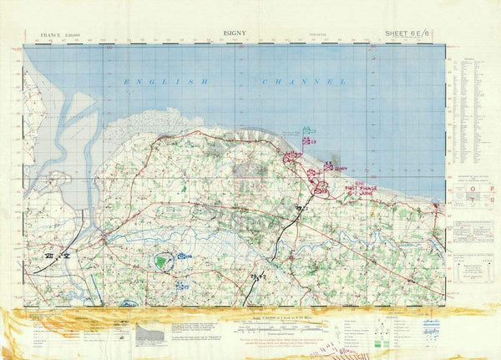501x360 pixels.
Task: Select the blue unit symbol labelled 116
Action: click(x=185, y=256)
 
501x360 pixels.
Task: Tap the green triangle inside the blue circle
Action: click(x=160, y=263)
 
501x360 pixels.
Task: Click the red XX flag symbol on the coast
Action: click(x=292, y=155)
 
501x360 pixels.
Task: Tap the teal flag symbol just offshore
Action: click(x=307, y=130)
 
